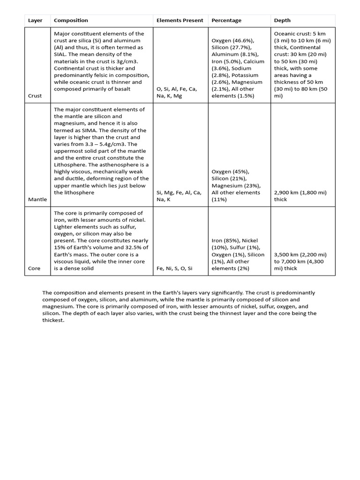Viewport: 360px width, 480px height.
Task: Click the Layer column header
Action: pyautogui.click(x=35, y=21)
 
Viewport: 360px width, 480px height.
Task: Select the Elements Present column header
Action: pyautogui.click(x=180, y=21)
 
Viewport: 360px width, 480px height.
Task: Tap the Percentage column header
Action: pyautogui.click(x=226, y=21)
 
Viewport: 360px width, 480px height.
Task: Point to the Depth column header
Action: pyautogui.click(x=282, y=21)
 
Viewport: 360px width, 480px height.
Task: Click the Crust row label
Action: pyautogui.click(x=35, y=96)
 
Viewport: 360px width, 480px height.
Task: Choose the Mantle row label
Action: pyautogui.click(x=37, y=199)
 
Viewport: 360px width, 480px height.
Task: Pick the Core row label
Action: pyautogui.click(x=34, y=269)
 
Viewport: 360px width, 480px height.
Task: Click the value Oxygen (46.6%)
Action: pyautogui.click(x=232, y=41)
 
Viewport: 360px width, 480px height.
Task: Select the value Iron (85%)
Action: pyautogui.click(x=225, y=241)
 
